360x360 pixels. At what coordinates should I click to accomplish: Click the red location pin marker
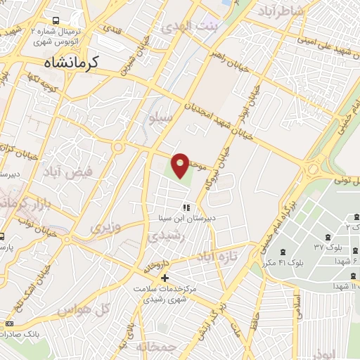tap(181, 165)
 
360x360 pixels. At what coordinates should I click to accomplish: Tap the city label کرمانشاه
tap(64, 62)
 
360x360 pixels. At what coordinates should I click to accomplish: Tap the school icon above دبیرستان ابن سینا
tap(186, 207)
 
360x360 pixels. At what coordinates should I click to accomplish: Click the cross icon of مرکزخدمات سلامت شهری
tap(165, 278)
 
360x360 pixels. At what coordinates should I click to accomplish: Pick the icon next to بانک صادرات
tap(8, 323)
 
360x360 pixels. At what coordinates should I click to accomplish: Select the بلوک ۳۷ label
tap(328, 248)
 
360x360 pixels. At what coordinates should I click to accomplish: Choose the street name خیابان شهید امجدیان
tap(204, 115)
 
